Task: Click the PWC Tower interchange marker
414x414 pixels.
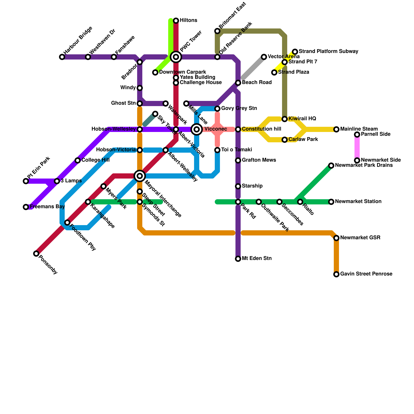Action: (x=176, y=57)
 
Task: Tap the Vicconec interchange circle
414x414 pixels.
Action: (x=197, y=129)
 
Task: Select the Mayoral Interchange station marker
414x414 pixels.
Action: (x=140, y=176)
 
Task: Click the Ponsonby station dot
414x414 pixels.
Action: (x=36, y=254)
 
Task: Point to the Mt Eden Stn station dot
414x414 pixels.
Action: (x=238, y=259)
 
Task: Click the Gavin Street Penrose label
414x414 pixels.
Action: (x=366, y=274)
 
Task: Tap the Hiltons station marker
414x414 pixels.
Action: (x=176, y=20)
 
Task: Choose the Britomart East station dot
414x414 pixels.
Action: (x=217, y=31)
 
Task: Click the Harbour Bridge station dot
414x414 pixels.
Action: (x=62, y=57)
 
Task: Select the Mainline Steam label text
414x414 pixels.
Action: (x=359, y=129)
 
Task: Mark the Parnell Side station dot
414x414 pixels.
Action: (x=357, y=134)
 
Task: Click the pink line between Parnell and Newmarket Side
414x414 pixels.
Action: (x=357, y=147)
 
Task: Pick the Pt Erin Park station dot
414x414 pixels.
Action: (x=26, y=181)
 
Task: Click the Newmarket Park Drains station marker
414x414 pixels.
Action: (x=331, y=166)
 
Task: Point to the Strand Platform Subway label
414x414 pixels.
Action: (x=328, y=51)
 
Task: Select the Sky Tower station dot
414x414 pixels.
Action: (x=155, y=114)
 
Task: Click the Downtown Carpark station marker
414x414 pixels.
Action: (x=155, y=72)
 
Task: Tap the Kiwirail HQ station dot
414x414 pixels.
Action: (x=285, y=119)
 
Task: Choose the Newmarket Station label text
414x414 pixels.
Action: (x=358, y=201)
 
